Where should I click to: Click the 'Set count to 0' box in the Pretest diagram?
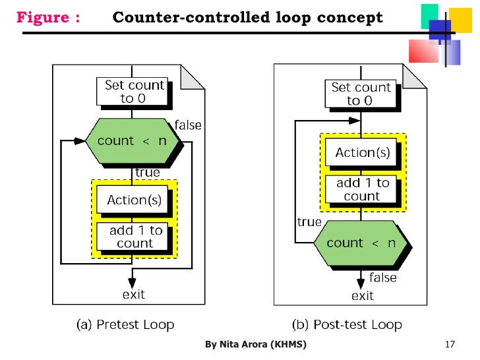click(x=134, y=92)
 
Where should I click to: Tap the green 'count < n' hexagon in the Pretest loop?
click(x=134, y=141)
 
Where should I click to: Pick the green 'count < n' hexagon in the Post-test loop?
click(x=361, y=243)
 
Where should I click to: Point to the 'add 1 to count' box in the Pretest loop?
click(x=135, y=237)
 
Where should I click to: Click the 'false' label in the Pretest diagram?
click(x=188, y=125)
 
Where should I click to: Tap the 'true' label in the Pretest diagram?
click(x=148, y=173)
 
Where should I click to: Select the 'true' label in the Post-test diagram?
click(x=309, y=222)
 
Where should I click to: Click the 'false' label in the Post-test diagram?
click(x=382, y=278)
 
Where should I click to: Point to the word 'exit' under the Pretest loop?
click(x=134, y=294)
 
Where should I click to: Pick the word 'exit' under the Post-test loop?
click(x=362, y=296)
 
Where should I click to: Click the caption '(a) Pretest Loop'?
click(x=125, y=324)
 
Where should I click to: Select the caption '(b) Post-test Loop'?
click(x=347, y=324)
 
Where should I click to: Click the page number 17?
click(x=451, y=345)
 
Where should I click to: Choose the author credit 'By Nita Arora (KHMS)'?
click(x=255, y=345)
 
